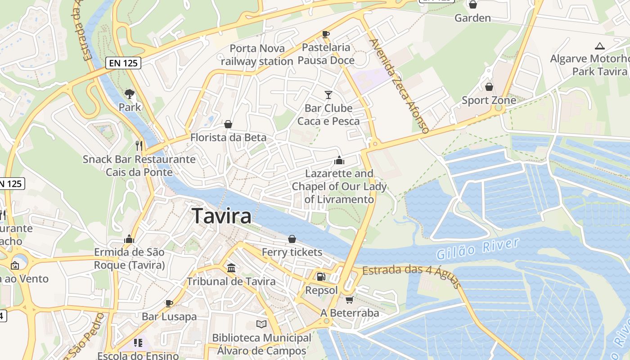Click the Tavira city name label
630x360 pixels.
pyautogui.click(x=221, y=216)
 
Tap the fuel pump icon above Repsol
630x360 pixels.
pyautogui.click(x=320, y=277)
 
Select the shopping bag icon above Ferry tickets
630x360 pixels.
pyautogui.click(x=292, y=239)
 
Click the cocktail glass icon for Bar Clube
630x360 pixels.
pyautogui.click(x=328, y=94)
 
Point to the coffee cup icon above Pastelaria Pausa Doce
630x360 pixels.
pyautogui.click(x=326, y=34)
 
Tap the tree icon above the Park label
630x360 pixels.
pyautogui.click(x=130, y=94)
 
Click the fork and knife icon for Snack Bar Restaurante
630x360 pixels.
pyautogui.click(x=139, y=145)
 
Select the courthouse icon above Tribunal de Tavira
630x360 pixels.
pyautogui.click(x=231, y=268)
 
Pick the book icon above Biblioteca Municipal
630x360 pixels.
pyautogui.click(x=261, y=324)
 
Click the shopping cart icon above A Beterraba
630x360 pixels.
pyautogui.click(x=350, y=299)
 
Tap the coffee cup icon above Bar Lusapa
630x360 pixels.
pyautogui.click(x=169, y=303)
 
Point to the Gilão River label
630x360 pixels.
pyautogui.click(x=478, y=249)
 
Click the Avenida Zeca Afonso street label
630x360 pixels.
pyautogui.click(x=399, y=85)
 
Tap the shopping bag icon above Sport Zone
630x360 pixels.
pyautogui.click(x=489, y=86)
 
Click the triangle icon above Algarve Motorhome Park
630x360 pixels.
pyautogui.click(x=599, y=46)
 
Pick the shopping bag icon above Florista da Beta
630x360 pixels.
pyautogui.click(x=228, y=124)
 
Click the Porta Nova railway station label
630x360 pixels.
pyautogui.click(x=257, y=55)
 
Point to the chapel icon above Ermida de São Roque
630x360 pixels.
pyautogui.click(x=130, y=239)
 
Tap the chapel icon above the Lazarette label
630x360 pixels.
pyautogui.click(x=339, y=160)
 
